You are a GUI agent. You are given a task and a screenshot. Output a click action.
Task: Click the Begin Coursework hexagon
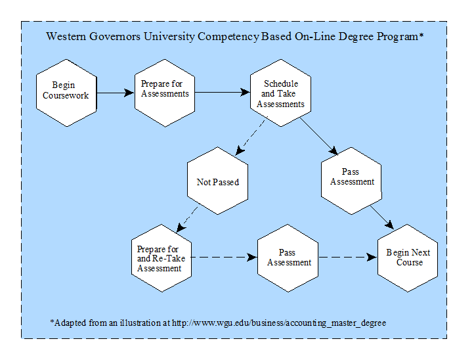click(x=66, y=93)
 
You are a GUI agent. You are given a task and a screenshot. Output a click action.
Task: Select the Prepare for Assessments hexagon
click(x=165, y=93)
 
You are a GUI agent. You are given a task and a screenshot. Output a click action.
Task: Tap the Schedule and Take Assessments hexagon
click(x=281, y=93)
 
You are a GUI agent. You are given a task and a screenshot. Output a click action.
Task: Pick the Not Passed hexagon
click(x=218, y=181)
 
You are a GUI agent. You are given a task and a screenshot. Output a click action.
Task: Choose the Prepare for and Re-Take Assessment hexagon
click(x=162, y=258)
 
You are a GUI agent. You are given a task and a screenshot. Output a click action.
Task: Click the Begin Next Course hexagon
click(x=408, y=258)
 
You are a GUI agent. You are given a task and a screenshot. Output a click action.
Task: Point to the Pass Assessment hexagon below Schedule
click(x=351, y=181)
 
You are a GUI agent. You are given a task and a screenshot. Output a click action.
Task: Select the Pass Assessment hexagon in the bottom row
click(x=288, y=258)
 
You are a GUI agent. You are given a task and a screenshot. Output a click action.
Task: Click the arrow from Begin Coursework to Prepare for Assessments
click(x=116, y=93)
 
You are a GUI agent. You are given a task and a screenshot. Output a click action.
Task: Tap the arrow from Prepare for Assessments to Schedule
click(x=223, y=92)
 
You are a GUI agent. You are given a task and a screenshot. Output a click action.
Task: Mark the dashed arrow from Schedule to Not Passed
click(x=251, y=135)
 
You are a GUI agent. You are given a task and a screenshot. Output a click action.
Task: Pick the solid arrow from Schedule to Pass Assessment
click(x=318, y=136)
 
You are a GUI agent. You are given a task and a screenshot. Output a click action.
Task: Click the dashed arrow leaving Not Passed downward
click(x=187, y=219)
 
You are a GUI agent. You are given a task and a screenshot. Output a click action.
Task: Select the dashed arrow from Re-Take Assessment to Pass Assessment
click(x=225, y=257)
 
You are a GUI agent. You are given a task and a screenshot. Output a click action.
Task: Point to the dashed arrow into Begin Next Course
click(x=348, y=257)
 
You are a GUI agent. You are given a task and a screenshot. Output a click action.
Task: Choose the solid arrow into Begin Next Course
click(x=382, y=217)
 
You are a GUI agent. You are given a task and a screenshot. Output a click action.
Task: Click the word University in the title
click(x=169, y=37)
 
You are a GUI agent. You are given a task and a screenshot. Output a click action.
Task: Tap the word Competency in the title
click(x=228, y=37)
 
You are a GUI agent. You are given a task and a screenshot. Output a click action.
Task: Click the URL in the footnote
click(x=279, y=323)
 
